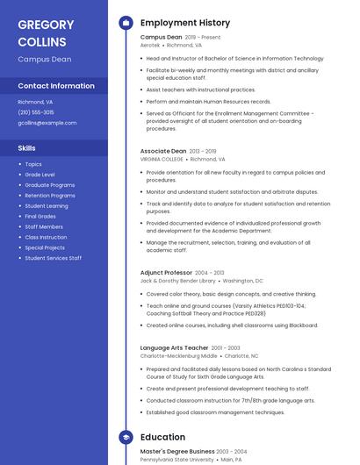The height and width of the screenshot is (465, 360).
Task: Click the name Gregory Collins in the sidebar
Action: click(x=46, y=32)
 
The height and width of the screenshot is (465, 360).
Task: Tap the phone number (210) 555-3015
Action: click(x=36, y=112)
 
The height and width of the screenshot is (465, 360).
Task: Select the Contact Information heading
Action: click(x=56, y=86)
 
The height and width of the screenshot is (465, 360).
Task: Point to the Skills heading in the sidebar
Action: click(x=27, y=148)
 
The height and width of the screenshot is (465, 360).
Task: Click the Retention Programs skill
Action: click(x=49, y=196)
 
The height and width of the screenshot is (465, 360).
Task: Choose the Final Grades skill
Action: click(x=40, y=216)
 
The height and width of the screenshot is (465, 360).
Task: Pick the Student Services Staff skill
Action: click(x=53, y=258)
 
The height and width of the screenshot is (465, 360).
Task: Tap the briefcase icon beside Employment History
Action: click(x=126, y=23)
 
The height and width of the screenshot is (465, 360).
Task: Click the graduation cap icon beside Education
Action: click(x=126, y=437)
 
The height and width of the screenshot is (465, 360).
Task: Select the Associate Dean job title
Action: click(x=163, y=151)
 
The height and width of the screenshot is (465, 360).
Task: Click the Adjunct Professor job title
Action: click(x=166, y=273)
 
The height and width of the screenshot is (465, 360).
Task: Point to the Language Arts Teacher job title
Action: click(x=174, y=347)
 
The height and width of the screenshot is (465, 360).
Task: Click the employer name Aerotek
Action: click(x=150, y=45)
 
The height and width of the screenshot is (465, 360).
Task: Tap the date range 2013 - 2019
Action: click(x=203, y=151)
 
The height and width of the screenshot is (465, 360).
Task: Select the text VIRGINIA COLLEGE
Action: click(x=162, y=160)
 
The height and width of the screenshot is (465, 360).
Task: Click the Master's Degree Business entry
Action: click(x=177, y=451)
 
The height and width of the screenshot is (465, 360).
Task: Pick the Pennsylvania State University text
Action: click(x=176, y=459)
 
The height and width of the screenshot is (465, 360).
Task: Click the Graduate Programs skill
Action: click(x=49, y=185)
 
